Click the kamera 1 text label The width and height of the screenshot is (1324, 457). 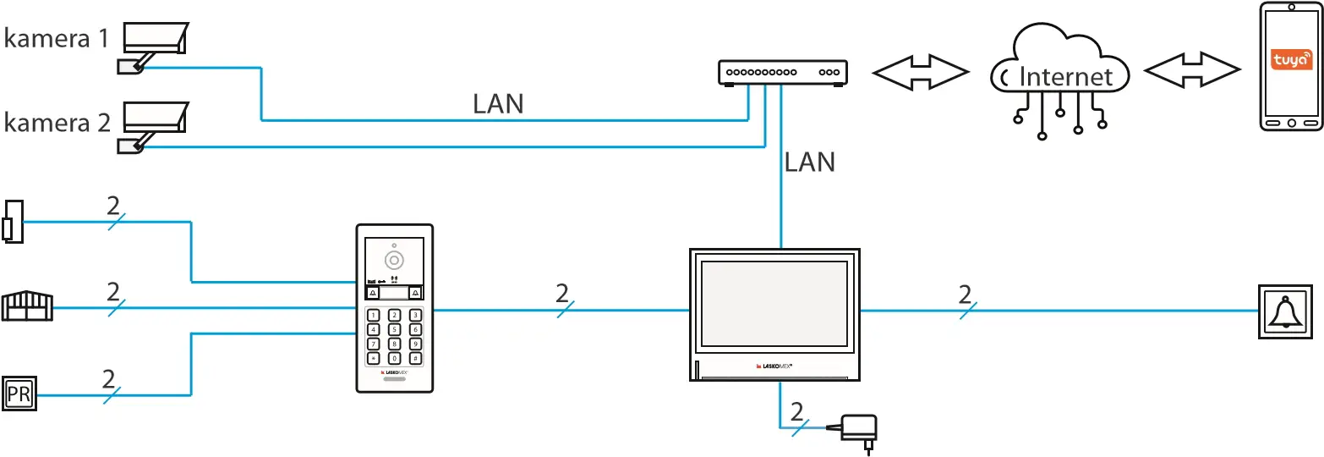tap(56, 40)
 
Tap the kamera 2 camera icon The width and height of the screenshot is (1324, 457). tap(153, 124)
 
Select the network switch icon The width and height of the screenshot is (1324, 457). tap(782, 73)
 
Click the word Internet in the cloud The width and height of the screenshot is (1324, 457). tap(1066, 77)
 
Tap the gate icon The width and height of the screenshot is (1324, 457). tap(27, 306)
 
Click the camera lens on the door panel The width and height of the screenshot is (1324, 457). tap(394, 259)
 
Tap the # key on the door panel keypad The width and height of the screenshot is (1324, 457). tap(415, 358)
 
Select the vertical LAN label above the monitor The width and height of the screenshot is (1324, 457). tap(809, 162)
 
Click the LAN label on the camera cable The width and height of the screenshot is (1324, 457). tap(498, 104)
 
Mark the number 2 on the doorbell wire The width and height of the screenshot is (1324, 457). tap(965, 295)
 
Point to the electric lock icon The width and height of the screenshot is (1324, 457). tap(13, 222)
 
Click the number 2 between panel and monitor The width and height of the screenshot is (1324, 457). tap(562, 294)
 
